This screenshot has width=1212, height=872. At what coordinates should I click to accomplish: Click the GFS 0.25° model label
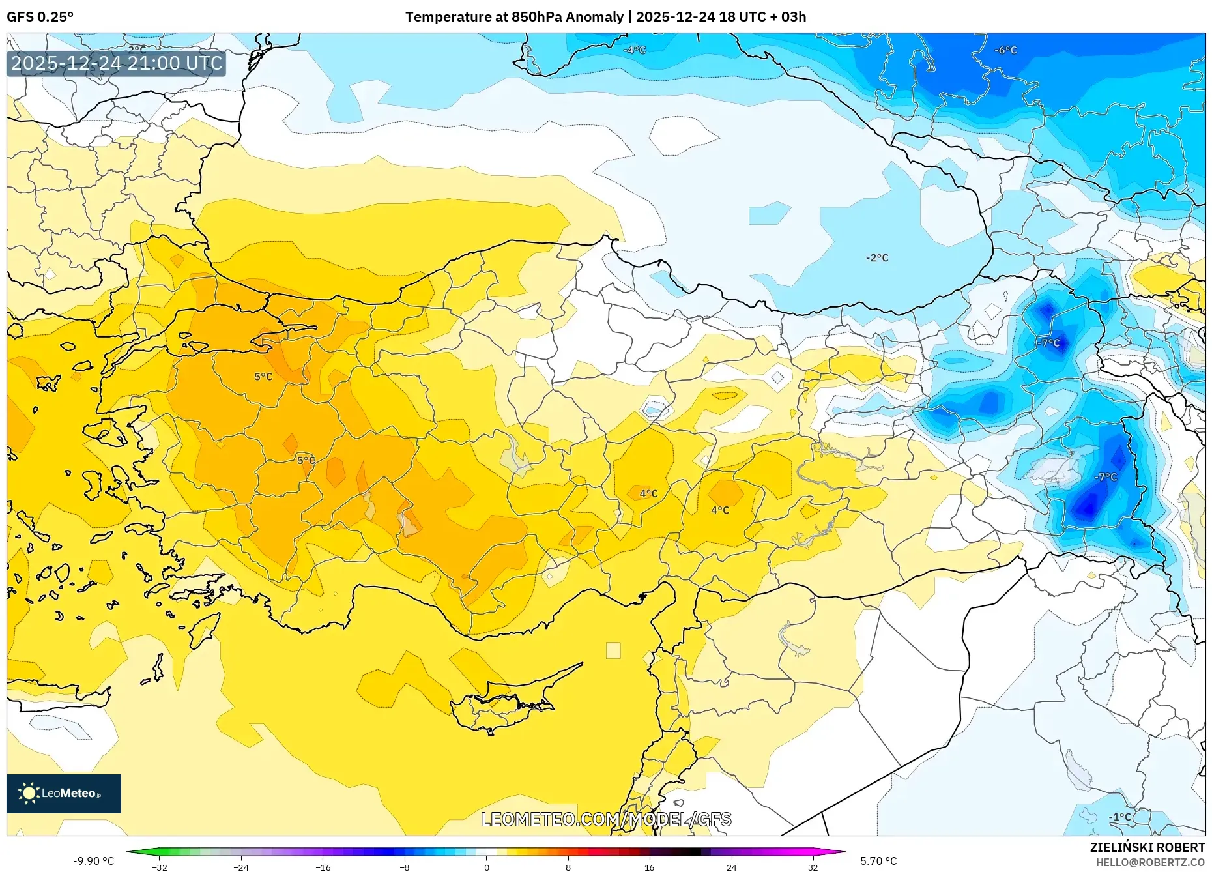click(x=40, y=16)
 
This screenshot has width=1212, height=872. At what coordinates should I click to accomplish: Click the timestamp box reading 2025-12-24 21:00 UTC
click(x=117, y=63)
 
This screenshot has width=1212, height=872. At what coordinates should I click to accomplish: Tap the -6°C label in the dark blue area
click(x=1005, y=50)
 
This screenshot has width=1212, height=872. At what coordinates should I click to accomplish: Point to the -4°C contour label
click(x=634, y=50)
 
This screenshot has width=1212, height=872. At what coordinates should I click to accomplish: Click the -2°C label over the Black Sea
click(x=876, y=258)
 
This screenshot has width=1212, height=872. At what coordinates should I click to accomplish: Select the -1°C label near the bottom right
click(x=1119, y=817)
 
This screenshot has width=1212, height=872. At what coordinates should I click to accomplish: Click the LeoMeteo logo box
click(x=64, y=793)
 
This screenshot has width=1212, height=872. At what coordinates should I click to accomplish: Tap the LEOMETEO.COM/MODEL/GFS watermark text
click(x=606, y=819)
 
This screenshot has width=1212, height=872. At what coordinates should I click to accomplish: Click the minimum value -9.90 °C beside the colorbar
click(x=93, y=861)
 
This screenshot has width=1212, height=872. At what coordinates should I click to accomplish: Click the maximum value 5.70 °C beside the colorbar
click(x=878, y=861)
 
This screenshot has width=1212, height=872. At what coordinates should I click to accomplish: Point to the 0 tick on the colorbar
click(x=486, y=867)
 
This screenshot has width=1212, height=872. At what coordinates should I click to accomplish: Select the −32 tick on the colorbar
click(x=160, y=867)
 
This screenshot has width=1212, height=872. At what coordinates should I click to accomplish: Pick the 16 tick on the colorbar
click(x=649, y=867)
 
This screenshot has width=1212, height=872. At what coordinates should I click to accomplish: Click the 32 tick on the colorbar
click(x=813, y=867)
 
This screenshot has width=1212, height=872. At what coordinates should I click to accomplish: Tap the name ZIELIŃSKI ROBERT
click(x=1147, y=847)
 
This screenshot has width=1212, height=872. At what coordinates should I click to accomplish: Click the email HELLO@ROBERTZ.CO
click(x=1149, y=862)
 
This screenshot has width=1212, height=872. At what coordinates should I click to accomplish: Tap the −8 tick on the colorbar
click(x=405, y=867)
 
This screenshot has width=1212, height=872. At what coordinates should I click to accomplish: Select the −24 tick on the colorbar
click(x=241, y=867)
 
